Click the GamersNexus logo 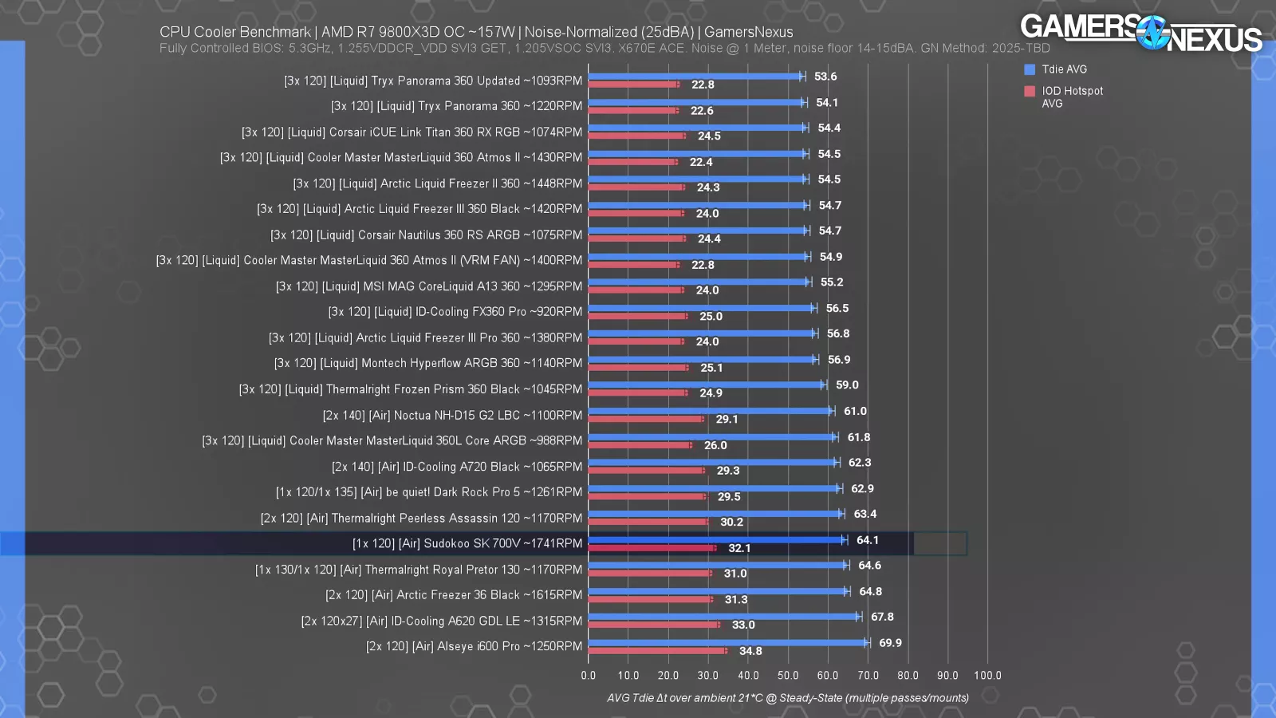(1140, 34)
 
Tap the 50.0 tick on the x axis (788, 675)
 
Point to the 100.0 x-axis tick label (987, 675)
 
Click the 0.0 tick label (589, 675)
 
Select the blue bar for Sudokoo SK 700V (715, 540)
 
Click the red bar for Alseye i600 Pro (657, 651)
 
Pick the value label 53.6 (825, 77)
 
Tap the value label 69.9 (890, 643)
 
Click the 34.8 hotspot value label (750, 651)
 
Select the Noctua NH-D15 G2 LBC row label (452, 415)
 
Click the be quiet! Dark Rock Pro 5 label (429, 492)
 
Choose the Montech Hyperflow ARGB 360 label (428, 363)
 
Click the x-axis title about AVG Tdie (788, 698)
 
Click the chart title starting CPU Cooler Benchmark (476, 32)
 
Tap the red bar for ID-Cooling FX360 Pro (637, 316)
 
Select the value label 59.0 (847, 385)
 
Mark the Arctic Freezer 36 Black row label (454, 595)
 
